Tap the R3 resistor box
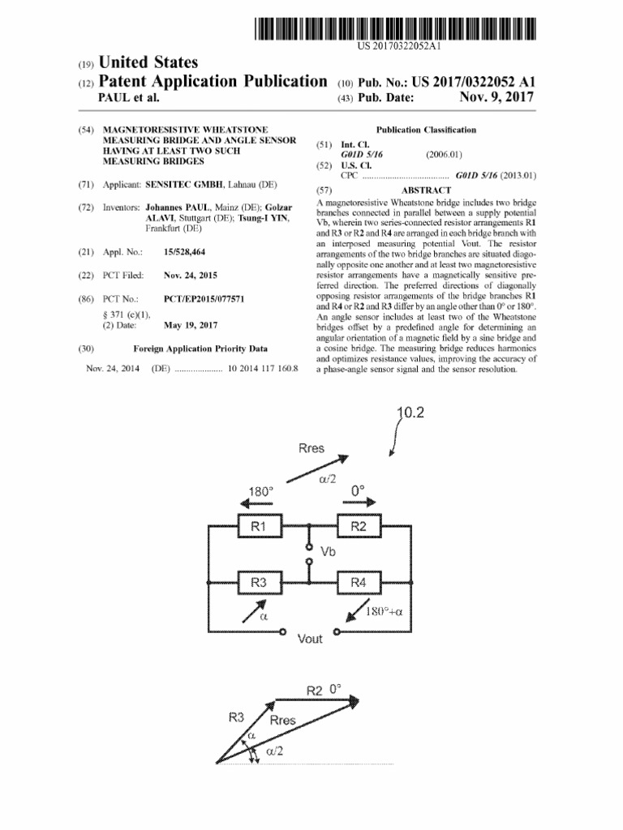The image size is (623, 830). (259, 582)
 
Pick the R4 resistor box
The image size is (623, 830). (359, 582)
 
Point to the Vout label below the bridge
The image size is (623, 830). (310, 639)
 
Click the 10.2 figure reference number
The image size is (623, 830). (411, 413)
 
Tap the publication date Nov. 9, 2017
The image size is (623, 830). (496, 97)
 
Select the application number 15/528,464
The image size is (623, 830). (184, 253)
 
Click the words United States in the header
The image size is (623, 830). (148, 62)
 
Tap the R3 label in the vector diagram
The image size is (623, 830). (236, 717)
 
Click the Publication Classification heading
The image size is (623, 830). (427, 130)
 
